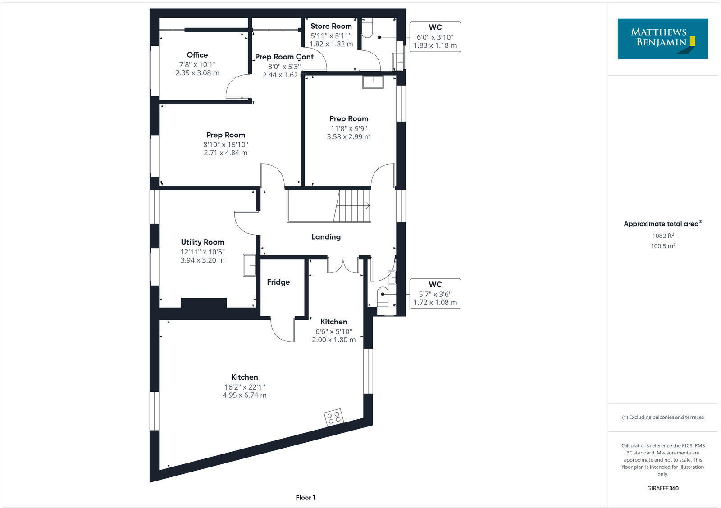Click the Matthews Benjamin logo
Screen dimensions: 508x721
[662, 39]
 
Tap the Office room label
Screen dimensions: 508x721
[197, 55]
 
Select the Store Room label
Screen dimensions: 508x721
[331, 26]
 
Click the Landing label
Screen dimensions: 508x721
[326, 236]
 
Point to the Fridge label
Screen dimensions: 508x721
[278, 282]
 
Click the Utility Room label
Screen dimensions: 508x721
[202, 242]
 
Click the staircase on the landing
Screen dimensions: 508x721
[352, 206]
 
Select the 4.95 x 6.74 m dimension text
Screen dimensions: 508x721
[244, 395]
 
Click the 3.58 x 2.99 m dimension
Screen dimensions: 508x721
[349, 136]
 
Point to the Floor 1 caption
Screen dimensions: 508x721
[306, 497]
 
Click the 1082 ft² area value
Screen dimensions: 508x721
[662, 236]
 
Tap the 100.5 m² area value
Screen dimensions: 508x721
[662, 246]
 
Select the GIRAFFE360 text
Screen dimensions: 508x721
[662, 488]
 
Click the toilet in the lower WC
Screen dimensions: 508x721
[382, 295]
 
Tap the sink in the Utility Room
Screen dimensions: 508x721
[249, 265]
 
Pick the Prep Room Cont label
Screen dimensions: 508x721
[284, 57]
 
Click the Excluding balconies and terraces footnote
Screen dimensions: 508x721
[662, 417]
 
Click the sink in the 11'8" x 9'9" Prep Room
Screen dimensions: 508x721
[373, 82]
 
